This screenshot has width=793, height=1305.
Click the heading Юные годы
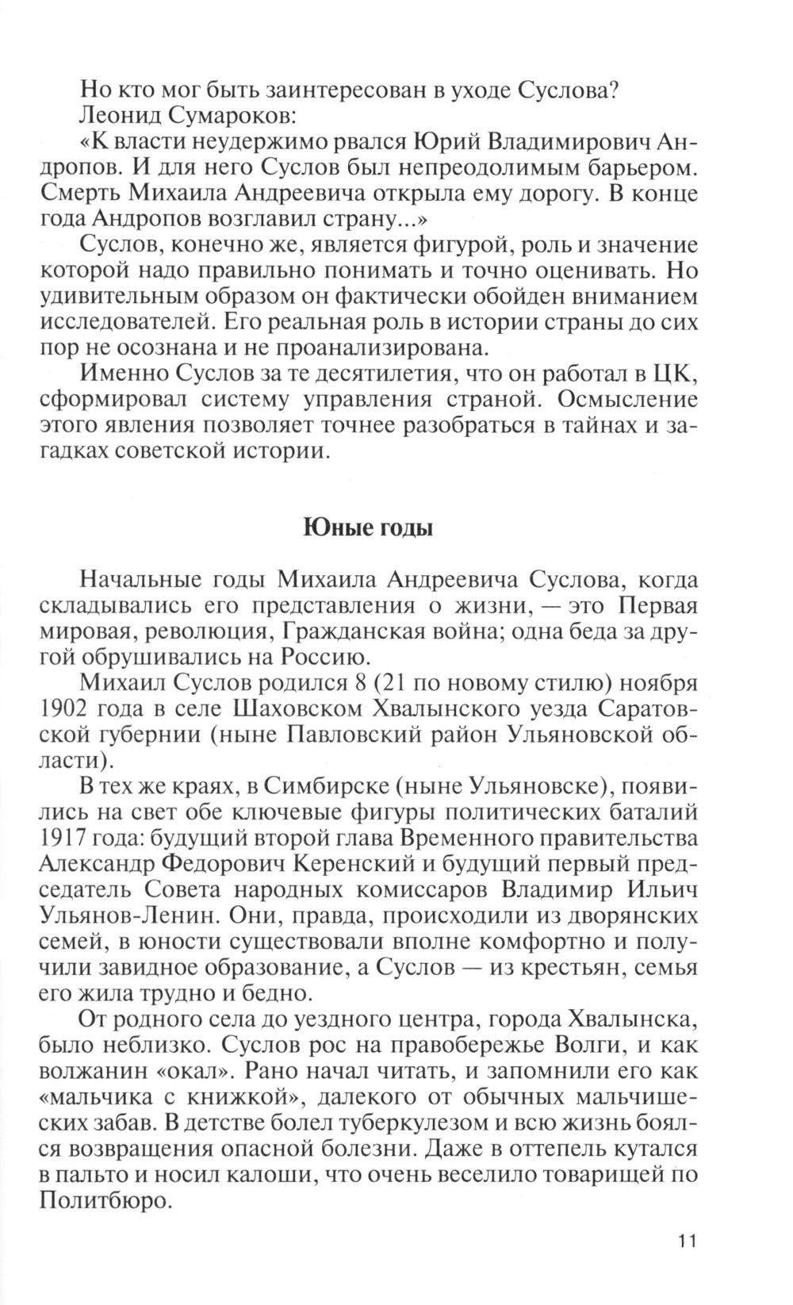click(368, 528)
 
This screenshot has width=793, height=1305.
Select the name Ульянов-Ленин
click(128, 915)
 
